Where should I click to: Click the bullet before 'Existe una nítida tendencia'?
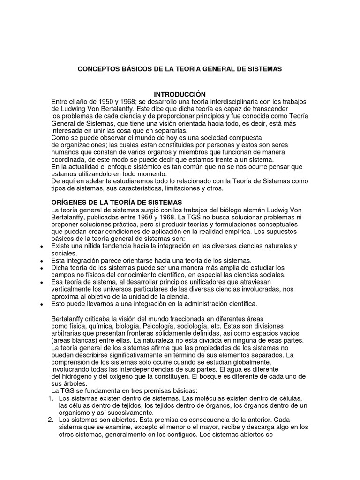[42, 247]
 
